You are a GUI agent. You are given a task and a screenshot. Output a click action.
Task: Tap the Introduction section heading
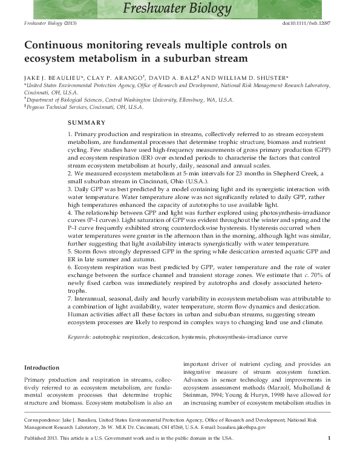point(41,367)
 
